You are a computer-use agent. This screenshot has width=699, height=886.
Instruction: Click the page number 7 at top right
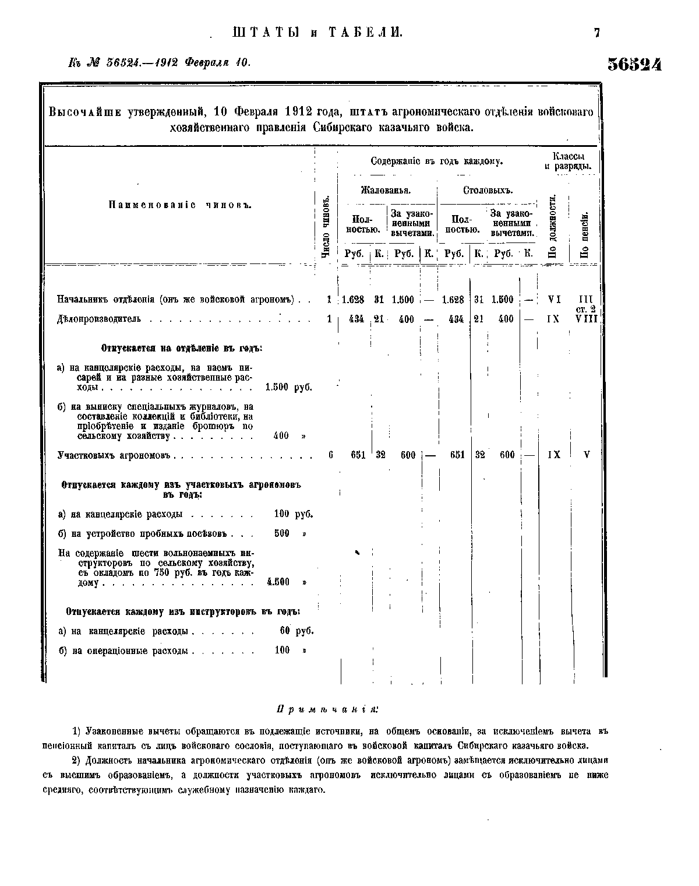[596, 33]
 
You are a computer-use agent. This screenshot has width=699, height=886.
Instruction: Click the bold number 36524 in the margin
[634, 64]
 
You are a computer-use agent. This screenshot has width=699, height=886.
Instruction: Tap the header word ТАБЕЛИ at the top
[365, 33]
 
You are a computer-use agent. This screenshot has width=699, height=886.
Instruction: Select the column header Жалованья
[386, 191]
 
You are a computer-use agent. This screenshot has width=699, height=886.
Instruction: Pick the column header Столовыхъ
[487, 191]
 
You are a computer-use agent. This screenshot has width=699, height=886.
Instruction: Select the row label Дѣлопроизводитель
[99, 319]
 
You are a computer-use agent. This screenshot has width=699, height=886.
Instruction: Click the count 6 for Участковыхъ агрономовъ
[330, 455]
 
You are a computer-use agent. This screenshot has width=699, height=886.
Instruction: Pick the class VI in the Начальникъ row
[554, 300]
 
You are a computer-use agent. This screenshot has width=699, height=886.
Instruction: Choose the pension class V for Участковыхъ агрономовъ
[587, 455]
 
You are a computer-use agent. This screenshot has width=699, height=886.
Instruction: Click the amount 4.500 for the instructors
[278, 582]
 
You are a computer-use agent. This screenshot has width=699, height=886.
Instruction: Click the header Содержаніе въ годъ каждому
[436, 161]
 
